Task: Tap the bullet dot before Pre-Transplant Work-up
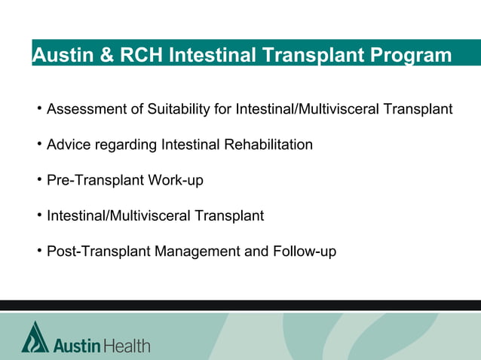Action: [38, 180]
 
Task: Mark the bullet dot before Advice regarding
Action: [38, 144]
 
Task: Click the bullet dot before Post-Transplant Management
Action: [38, 251]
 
